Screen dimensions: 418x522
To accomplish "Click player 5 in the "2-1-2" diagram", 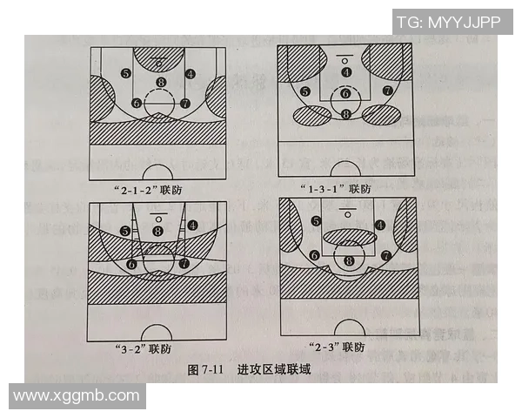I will (x=126, y=74).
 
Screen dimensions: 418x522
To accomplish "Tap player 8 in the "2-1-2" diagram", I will (x=160, y=83).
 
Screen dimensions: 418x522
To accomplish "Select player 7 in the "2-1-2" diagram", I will (x=184, y=103).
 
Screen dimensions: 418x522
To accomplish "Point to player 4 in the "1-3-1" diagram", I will (x=346, y=71).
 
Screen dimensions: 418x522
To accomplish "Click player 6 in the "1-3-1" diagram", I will (x=345, y=93).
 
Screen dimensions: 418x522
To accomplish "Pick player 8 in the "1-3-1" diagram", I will (x=346, y=113).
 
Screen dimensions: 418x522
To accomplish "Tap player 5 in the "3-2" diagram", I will (x=126, y=231).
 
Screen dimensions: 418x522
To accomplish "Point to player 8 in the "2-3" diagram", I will (x=349, y=260).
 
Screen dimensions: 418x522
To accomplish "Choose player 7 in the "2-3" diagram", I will (x=385, y=256).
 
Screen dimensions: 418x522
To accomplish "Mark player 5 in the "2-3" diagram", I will (x=316, y=221).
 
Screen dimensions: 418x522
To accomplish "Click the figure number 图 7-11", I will (x=207, y=369).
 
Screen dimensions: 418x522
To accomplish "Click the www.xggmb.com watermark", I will (x=77, y=395).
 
